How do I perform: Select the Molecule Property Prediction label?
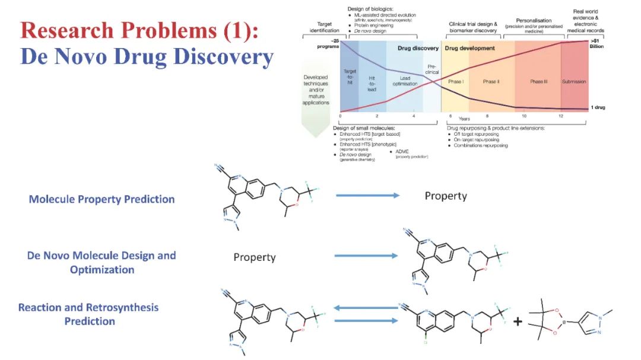click(101, 199)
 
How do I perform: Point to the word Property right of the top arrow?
click(446, 196)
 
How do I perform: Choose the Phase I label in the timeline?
click(456, 82)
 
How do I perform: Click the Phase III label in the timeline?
click(539, 82)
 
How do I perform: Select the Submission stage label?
click(574, 82)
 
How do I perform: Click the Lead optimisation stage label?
click(405, 81)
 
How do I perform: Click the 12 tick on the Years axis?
click(561, 116)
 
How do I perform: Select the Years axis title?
click(464, 119)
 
